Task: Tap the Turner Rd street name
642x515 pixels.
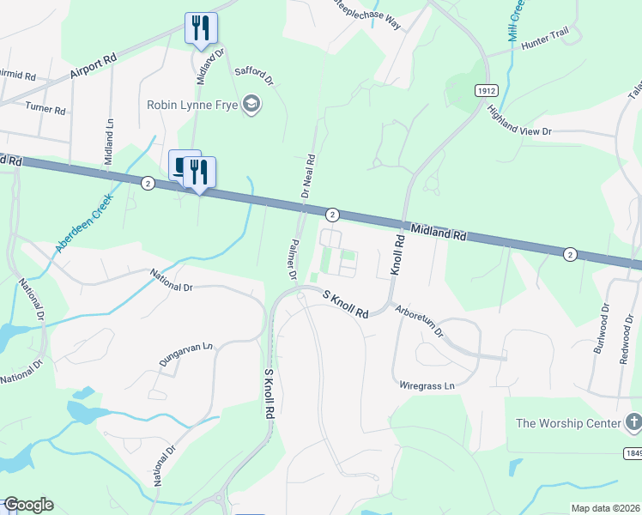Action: click(45, 109)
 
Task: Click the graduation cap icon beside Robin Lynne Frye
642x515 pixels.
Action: click(252, 105)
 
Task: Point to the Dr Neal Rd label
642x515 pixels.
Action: click(307, 176)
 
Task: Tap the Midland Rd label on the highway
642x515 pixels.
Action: click(438, 229)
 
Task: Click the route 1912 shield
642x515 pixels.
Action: click(486, 89)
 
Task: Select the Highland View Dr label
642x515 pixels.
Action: click(518, 120)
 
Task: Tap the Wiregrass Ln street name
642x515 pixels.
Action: click(427, 386)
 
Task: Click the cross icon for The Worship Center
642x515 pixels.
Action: click(633, 422)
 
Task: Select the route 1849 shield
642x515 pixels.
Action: click(633, 451)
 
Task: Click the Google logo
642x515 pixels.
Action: click(27, 505)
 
